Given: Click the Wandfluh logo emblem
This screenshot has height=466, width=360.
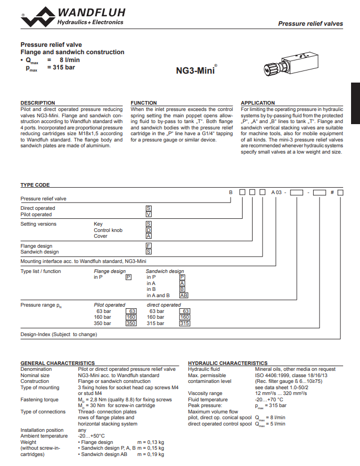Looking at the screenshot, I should pos(38,16).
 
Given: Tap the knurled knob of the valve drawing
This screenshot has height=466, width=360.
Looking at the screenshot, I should pos(270,68).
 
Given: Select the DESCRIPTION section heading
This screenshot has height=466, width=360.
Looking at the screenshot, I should pos(37,103).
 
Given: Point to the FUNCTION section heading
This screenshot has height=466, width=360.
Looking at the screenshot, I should pos(144,103).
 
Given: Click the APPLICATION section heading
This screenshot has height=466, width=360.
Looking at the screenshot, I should pos(258,103).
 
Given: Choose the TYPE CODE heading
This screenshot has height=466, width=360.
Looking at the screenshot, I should pos(35,185).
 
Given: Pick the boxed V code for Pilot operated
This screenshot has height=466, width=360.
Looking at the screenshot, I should pos(148,215).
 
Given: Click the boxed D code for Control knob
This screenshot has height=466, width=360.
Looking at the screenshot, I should pos(148,230).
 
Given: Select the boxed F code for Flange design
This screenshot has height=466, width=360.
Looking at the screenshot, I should pos(148,246).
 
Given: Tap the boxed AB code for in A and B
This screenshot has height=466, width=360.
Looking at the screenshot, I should pos(184,296).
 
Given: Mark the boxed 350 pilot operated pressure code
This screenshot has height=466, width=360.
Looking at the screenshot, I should pos(131,323).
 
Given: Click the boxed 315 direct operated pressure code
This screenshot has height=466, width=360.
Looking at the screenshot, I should pos(184,323).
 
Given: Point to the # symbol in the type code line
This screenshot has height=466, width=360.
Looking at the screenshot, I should pos(332,193).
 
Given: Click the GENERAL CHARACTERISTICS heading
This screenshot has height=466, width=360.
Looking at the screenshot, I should pos(57,363).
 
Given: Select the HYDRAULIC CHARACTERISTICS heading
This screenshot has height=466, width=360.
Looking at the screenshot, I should pos(227,363).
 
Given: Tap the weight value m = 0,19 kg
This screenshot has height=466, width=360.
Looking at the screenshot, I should pos(151,454).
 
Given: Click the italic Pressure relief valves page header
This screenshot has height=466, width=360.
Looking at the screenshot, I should pos(310,24).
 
